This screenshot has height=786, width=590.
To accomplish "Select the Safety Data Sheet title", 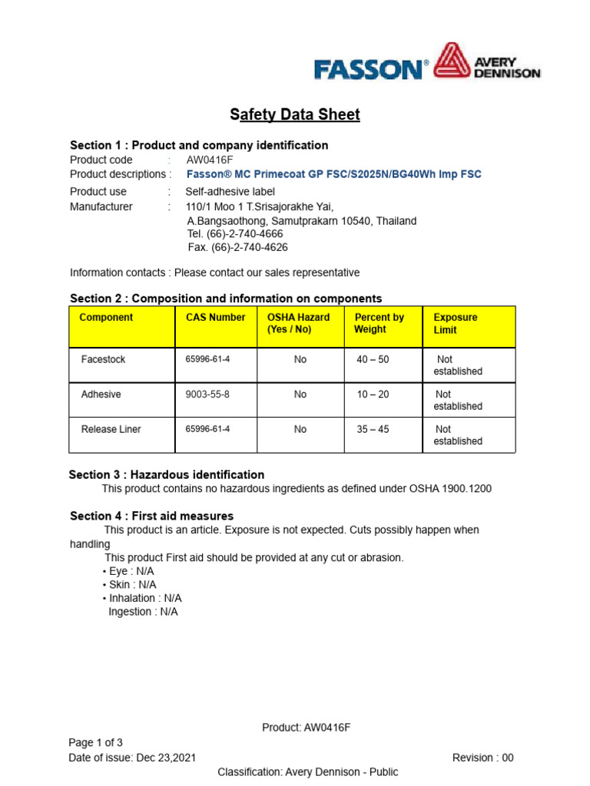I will pyautogui.click(x=295, y=115).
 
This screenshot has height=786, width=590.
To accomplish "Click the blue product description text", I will pyautogui.click(x=334, y=174).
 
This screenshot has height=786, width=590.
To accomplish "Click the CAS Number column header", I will pyautogui.click(x=215, y=317).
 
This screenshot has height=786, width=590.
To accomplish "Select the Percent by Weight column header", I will pyautogui.click(x=379, y=323).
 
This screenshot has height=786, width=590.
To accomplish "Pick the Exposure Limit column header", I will pyautogui.click(x=456, y=323).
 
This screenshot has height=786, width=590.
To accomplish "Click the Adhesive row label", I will pyautogui.click(x=101, y=394).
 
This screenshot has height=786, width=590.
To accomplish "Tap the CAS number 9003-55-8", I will pyautogui.click(x=207, y=394).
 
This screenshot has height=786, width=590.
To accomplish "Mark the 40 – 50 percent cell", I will pyautogui.click(x=373, y=359).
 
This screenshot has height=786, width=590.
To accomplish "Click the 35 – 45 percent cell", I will pyautogui.click(x=373, y=429).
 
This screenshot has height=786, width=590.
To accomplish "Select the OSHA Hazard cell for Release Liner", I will pyautogui.click(x=300, y=429).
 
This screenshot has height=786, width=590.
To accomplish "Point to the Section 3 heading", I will pyautogui.click(x=167, y=474).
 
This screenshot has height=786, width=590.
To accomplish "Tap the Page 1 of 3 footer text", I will pyautogui.click(x=95, y=742).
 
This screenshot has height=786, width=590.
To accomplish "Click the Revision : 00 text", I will pyautogui.click(x=482, y=758).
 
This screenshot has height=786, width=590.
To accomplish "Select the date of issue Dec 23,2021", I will pyautogui.click(x=167, y=758).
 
